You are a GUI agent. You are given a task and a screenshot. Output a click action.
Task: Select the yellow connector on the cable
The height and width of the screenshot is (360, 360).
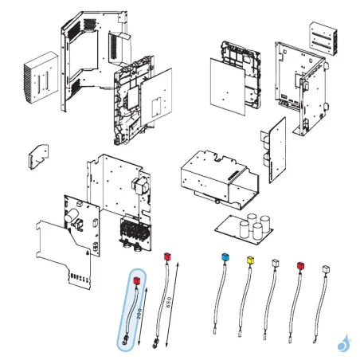pyautogui.click(x=251, y=260)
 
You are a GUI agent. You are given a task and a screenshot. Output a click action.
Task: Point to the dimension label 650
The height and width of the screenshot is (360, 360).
pyautogui.click(x=168, y=303)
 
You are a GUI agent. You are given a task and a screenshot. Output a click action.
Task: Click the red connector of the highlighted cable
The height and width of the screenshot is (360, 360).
pyautogui.click(x=137, y=281)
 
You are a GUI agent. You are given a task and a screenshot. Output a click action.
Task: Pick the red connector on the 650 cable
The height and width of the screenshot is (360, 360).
pyautogui.click(x=166, y=256)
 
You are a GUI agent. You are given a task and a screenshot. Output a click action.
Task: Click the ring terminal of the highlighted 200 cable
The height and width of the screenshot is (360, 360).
pyautogui.click(x=126, y=344)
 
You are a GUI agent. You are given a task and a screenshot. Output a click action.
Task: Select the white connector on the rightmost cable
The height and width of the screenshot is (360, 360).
pyautogui.click(x=325, y=270)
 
